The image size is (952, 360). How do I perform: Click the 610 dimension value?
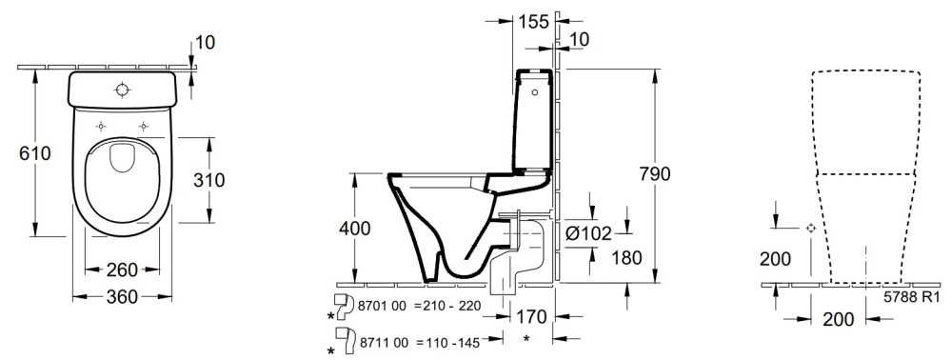(x=35, y=153)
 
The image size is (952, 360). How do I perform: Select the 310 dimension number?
(x=208, y=180)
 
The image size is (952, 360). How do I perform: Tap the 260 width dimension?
(x=122, y=270)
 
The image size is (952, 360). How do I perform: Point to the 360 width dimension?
(x=122, y=297)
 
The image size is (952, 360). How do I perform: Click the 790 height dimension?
(x=654, y=174)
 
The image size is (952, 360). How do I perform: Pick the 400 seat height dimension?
(x=354, y=229)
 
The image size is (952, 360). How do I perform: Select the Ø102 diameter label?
(x=588, y=233)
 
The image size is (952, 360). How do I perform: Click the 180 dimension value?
(x=625, y=258)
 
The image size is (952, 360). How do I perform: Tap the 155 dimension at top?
(x=533, y=21)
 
